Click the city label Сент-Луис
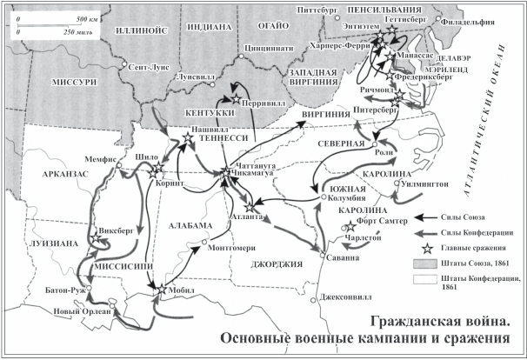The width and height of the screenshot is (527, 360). pos(145,66)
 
